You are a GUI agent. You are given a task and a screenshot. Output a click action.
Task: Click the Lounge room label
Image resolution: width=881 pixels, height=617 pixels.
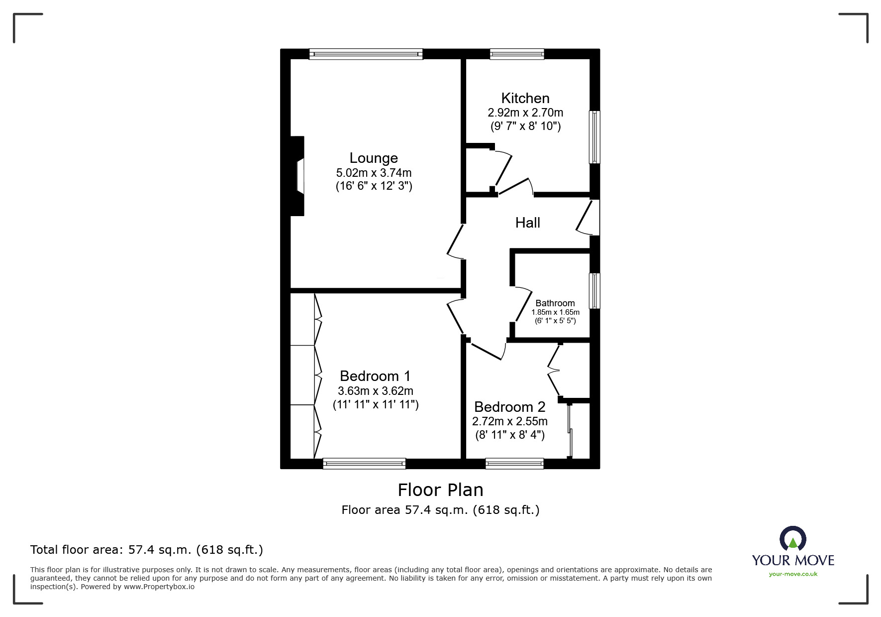click(374, 158)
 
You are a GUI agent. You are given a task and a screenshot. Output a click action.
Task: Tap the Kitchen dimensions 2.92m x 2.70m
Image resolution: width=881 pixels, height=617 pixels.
click(525, 113)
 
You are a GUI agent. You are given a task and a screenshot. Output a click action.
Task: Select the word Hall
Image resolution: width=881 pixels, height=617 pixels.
click(527, 223)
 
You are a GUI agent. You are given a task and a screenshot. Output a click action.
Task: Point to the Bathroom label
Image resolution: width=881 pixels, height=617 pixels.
click(555, 303)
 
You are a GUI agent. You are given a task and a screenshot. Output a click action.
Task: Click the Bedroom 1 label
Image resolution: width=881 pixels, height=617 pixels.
click(375, 376)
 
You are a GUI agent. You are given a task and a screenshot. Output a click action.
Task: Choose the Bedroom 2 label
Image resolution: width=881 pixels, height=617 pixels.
click(509, 407)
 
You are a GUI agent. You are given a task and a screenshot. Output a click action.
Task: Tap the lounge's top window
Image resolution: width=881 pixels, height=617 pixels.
click(366, 54)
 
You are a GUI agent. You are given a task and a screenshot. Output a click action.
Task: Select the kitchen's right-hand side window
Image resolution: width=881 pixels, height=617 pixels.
click(594, 137)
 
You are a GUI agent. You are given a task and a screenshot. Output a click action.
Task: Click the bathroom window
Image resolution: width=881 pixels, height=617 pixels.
click(594, 290)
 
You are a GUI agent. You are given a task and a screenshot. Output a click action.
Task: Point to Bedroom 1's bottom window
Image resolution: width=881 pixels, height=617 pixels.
click(364, 464)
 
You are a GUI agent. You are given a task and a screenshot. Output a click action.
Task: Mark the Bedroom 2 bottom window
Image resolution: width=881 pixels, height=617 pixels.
click(514, 464)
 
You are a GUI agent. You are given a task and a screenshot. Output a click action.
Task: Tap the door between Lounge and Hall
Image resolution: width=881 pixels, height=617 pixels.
click(455, 242)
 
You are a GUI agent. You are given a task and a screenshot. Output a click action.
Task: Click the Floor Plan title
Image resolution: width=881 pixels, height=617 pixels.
click(440, 490)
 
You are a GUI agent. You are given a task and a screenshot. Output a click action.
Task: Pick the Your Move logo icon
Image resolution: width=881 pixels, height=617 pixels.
click(792, 539)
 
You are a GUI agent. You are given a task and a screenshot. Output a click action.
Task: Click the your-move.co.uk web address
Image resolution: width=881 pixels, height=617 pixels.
click(793, 574)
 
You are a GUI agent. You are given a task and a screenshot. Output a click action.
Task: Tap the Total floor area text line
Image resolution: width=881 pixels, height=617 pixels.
click(147, 550)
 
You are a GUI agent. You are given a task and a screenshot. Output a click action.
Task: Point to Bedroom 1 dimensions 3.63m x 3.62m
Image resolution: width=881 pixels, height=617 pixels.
click(375, 391)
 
